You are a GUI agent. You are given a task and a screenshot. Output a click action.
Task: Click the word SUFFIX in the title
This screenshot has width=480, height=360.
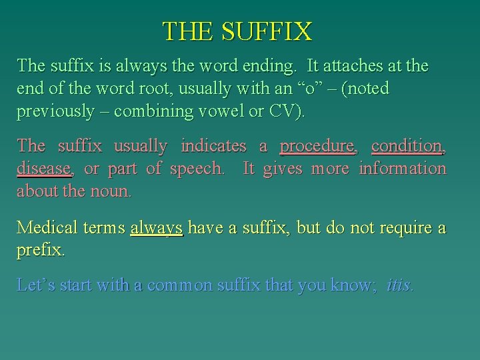tap(274, 31)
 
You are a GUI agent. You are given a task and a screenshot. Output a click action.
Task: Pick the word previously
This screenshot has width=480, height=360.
tap(55, 111)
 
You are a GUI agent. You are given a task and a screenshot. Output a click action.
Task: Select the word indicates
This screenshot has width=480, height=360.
tap(213, 145)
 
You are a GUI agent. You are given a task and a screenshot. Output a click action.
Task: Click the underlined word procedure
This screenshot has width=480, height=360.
tap(316, 145)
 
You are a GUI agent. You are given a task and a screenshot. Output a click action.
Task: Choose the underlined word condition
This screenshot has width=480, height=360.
tap(407, 145)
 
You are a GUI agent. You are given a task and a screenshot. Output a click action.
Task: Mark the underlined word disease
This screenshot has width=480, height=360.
tap(43, 169)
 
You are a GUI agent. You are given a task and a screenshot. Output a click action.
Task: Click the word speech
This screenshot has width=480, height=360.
tap(197, 169)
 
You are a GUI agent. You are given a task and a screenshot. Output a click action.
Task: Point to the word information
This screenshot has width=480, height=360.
tap(402, 169)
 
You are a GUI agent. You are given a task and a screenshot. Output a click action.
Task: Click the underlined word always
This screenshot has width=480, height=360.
tap(157, 228)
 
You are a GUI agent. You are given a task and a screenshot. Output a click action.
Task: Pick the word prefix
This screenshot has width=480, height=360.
tap(39, 251)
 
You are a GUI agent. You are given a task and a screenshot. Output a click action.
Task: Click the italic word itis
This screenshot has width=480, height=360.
tap(399, 285)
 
